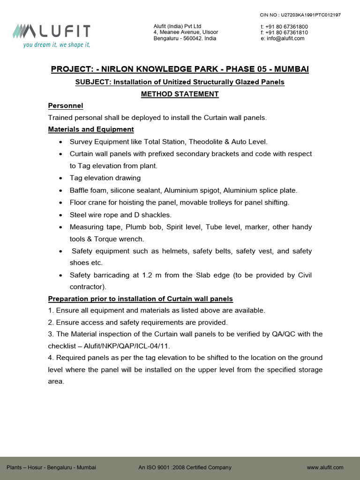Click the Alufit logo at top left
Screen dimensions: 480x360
(x=51, y=31)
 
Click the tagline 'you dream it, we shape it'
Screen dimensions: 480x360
(x=56, y=45)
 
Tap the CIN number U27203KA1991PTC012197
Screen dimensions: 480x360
(x=307, y=15)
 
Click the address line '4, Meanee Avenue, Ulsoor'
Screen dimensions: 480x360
(x=186, y=32)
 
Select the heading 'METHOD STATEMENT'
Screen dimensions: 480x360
(x=180, y=94)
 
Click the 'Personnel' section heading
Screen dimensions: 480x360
(x=65, y=106)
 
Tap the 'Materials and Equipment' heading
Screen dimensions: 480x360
(x=91, y=129)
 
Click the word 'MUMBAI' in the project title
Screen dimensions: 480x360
(x=291, y=69)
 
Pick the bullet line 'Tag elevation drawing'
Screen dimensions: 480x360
(x=105, y=178)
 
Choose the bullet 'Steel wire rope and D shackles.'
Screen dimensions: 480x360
(x=120, y=215)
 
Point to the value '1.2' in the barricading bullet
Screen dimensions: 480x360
(x=149, y=275)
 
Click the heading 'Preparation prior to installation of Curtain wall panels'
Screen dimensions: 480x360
(x=141, y=299)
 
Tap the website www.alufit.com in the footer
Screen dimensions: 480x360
(x=325, y=467)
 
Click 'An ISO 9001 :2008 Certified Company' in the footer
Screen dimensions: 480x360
(x=185, y=467)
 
